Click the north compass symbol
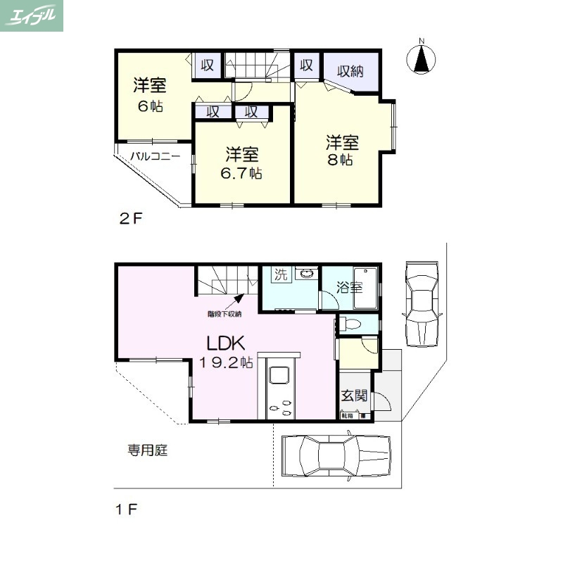[x=422, y=59]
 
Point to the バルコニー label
[x=155, y=157]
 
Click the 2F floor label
[x=130, y=218]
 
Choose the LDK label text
[x=224, y=344]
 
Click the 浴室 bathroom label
[x=349, y=287]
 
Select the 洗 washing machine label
[x=280, y=275]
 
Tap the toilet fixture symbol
[x=351, y=324]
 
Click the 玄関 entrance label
[x=355, y=396]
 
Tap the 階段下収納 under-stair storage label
[x=224, y=314]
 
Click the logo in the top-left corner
[x=32, y=15]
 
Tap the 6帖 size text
[x=149, y=106]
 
